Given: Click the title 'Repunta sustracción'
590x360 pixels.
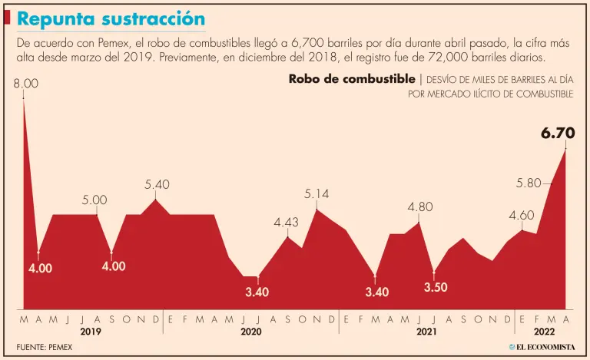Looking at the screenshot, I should pyautogui.click(x=111, y=18).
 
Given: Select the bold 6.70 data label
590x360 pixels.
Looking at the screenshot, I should pyautogui.click(x=558, y=134).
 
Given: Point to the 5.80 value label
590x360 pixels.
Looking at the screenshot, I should pyautogui.click(x=529, y=183).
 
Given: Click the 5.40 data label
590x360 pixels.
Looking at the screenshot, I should pyautogui.click(x=157, y=185).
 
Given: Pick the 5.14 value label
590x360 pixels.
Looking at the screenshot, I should pyautogui.click(x=317, y=194).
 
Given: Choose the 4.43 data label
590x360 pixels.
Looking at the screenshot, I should pyautogui.click(x=286, y=223).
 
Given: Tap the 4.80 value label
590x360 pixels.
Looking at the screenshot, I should pyautogui.click(x=420, y=206).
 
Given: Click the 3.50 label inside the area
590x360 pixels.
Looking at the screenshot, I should pyautogui.click(x=436, y=287).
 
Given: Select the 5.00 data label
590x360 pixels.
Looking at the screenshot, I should pyautogui.click(x=94, y=200).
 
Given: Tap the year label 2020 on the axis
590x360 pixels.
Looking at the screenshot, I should pyautogui.click(x=251, y=332).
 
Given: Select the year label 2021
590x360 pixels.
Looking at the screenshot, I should pyautogui.click(x=426, y=332).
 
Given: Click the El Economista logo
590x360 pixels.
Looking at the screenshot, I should pyautogui.click(x=541, y=347).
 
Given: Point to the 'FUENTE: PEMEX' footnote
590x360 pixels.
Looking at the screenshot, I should pyautogui.click(x=45, y=347).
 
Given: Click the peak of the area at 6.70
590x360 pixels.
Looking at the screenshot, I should pyautogui.click(x=566, y=148).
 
